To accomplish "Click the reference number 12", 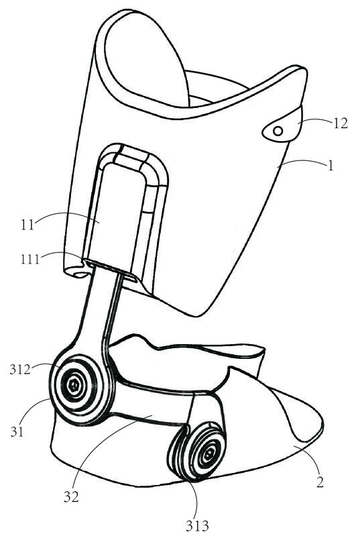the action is pyautogui.click(x=340, y=123).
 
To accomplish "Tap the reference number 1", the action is pyautogui.click(x=330, y=166).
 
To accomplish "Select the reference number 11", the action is pyautogui.click(x=28, y=225).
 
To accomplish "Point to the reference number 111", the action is pyautogui.click(x=29, y=260).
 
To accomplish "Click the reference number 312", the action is pyautogui.click(x=20, y=370).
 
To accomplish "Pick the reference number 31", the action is pyautogui.click(x=17, y=432).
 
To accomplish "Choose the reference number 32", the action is pyautogui.click(x=70, y=496).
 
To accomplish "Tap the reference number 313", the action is pyautogui.click(x=197, y=525).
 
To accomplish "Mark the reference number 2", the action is pyautogui.click(x=319, y=482).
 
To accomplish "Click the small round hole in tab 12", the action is pyautogui.click(x=278, y=131).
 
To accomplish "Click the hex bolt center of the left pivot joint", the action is pyautogui.click(x=74, y=386).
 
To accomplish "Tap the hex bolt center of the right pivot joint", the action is pyautogui.click(x=207, y=454).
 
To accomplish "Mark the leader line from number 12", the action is pyautogui.click(x=315, y=120).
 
